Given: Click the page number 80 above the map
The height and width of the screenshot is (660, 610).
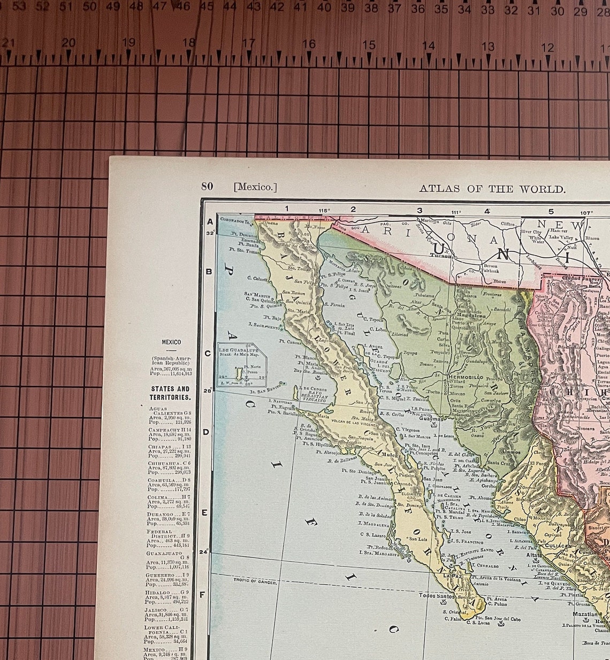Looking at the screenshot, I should coord(207,186).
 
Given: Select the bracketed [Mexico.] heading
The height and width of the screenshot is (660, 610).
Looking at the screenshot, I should coord(255,187).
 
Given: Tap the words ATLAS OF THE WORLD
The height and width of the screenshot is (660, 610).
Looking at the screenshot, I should coord(492,189).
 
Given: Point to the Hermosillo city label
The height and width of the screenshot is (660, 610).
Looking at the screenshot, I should coord(466,377).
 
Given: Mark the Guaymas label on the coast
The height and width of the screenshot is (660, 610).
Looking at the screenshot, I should coord(431,419).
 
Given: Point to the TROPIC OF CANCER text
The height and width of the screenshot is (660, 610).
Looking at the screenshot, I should coord(255,581).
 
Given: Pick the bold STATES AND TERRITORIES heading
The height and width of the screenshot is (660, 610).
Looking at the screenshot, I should coord(170,393).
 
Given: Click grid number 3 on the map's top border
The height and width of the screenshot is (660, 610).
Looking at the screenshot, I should coord(420,210).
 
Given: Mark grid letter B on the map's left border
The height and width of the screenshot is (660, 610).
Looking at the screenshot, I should coord(209,271).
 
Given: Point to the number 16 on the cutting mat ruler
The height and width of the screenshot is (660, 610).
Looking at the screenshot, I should coord(309,44).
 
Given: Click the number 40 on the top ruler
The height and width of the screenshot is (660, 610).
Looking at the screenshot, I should coord(324,7).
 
